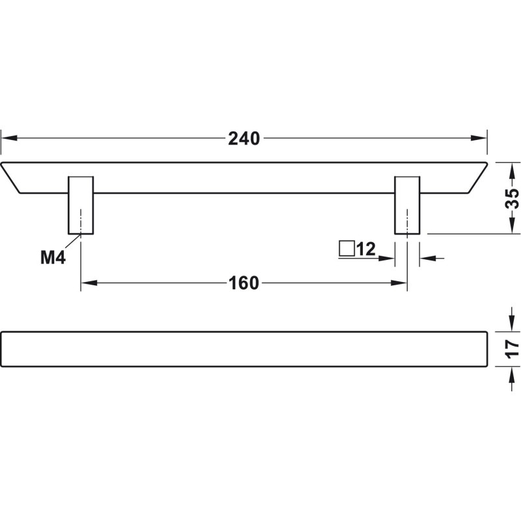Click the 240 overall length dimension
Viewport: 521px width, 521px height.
(244, 138)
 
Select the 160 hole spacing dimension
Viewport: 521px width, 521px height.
(244, 283)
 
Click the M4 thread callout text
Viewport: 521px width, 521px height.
(53, 258)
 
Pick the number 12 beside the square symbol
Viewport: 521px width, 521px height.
(367, 249)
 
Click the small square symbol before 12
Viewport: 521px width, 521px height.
(346, 248)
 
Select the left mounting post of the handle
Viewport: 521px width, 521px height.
(81, 204)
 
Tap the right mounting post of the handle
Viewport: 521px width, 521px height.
(408, 204)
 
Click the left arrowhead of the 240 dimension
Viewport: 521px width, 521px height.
(8, 138)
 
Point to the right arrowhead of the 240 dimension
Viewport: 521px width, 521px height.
(480, 138)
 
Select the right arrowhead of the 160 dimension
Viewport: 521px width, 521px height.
(400, 283)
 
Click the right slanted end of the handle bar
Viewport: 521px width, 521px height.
(477, 176)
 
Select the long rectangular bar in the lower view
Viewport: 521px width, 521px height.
(244, 348)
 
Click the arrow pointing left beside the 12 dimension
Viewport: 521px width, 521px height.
(426, 259)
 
